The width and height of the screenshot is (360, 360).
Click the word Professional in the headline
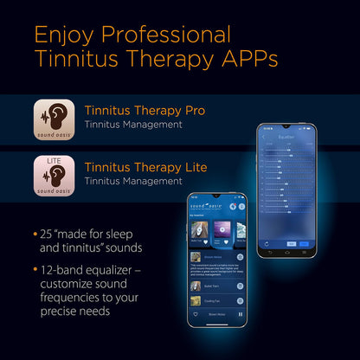click(167, 35)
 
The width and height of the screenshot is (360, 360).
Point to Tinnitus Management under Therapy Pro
click(133, 125)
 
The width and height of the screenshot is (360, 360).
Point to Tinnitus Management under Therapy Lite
click(133, 182)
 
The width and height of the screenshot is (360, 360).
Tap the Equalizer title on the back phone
click(282, 137)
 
